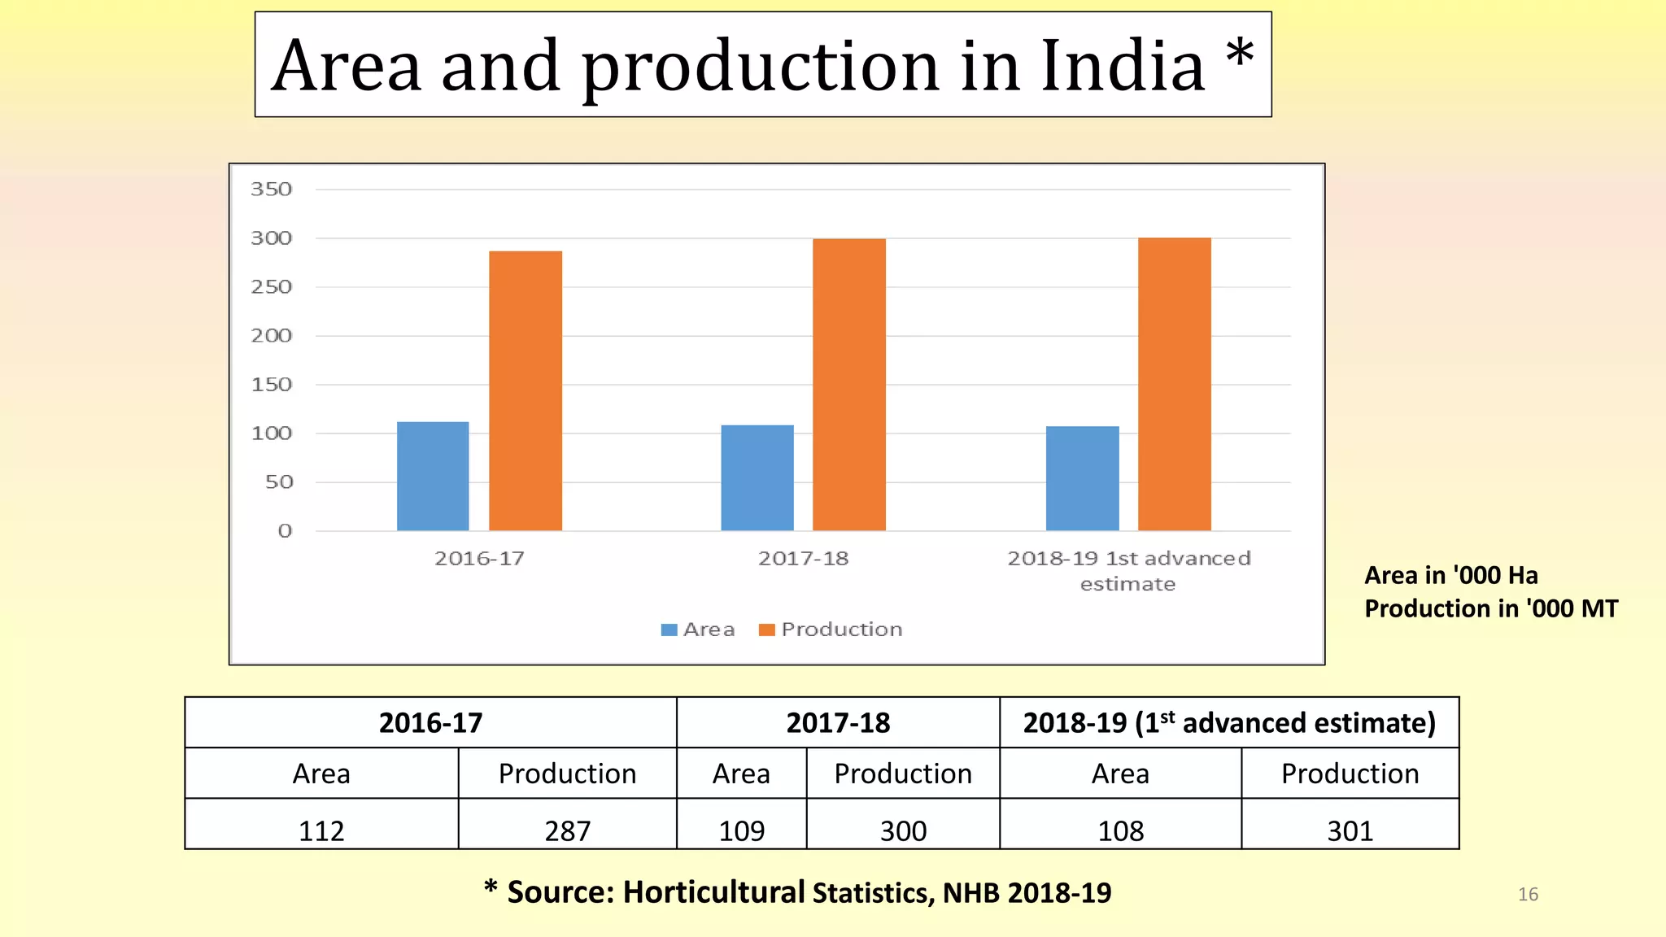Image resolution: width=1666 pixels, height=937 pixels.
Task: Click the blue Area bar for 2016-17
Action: [433, 476]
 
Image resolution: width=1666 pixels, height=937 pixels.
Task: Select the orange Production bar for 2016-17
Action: [526, 390]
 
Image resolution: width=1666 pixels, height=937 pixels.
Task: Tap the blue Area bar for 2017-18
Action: [757, 477]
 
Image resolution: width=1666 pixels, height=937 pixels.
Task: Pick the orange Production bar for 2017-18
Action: [849, 385]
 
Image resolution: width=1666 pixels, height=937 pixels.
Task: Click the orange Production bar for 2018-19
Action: [1174, 384]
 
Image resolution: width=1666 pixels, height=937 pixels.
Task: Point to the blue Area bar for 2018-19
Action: [1082, 478]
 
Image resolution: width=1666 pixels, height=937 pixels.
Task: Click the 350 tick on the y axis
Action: [271, 190]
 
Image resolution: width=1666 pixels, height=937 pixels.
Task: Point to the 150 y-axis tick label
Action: [271, 385]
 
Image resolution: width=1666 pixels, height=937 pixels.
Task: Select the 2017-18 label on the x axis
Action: [803, 559]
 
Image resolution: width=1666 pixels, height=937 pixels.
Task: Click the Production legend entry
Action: [841, 630]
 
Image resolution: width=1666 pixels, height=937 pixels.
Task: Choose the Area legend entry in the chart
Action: [708, 630]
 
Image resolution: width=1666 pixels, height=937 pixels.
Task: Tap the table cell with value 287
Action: [567, 830]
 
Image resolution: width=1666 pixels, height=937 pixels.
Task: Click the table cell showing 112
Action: [321, 830]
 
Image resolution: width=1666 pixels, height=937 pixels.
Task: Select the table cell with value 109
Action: [741, 830]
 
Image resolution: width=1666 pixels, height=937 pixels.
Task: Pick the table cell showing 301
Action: [1350, 830]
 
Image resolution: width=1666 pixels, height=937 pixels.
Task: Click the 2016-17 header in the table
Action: [430, 722]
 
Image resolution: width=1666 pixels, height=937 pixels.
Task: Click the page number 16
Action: [1528, 895]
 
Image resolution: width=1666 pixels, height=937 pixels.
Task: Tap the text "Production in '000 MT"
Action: [1491, 608]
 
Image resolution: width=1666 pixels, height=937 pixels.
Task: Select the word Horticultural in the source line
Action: [713, 892]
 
